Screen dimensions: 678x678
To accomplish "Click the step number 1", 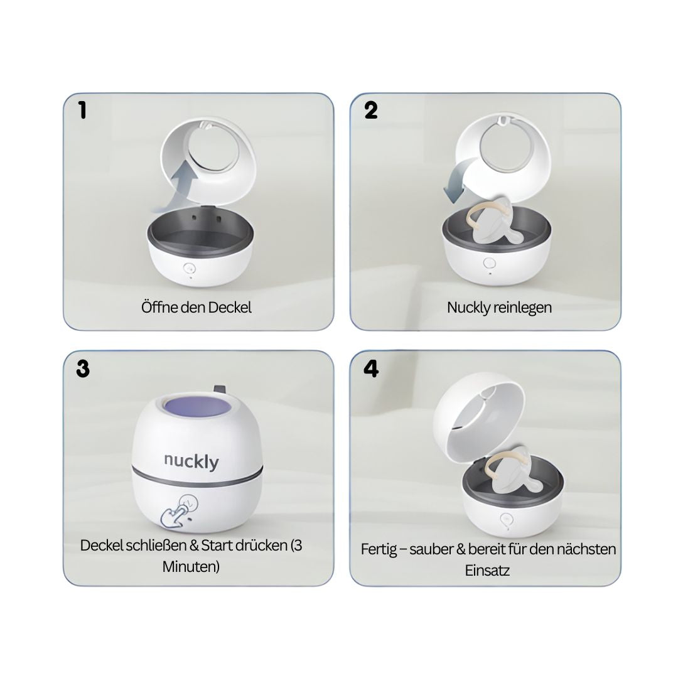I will [82, 110].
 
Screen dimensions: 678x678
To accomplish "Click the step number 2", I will [371, 110].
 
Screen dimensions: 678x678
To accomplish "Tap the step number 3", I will [82, 369].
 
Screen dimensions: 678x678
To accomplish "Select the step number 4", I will [371, 369].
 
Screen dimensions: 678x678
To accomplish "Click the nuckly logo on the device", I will [191, 461].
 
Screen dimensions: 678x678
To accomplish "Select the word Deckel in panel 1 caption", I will [232, 308].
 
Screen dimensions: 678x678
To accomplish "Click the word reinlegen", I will [524, 308].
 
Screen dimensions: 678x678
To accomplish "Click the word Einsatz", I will [487, 571].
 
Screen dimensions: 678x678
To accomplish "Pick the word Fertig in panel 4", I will [379, 549].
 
